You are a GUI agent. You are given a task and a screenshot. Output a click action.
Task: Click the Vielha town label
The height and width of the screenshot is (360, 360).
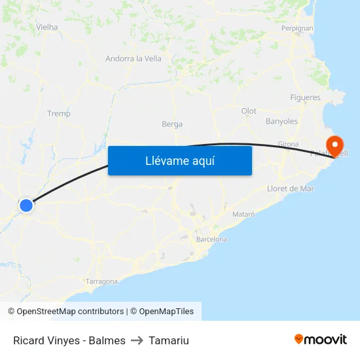pyautogui.click(x=47, y=27)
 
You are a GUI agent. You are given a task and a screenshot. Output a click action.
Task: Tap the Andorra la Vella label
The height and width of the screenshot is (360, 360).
pyautogui.click(x=134, y=58)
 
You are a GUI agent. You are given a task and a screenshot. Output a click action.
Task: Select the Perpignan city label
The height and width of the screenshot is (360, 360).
pyautogui.click(x=297, y=28)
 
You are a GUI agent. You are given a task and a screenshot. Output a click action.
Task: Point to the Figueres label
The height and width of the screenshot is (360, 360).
pyautogui.click(x=305, y=98)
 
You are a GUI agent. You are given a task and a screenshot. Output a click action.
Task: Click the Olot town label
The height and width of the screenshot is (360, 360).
pyautogui.click(x=249, y=111)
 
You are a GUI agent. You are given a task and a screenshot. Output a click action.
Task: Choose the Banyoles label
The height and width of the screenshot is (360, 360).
pyautogui.click(x=281, y=121)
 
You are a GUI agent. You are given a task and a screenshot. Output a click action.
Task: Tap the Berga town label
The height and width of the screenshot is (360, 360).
pyautogui.click(x=172, y=124)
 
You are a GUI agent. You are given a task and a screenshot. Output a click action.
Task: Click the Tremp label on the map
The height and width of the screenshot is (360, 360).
pyautogui.click(x=59, y=113)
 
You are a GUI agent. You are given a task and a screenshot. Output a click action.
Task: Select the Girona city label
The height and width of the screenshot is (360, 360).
pyautogui.click(x=288, y=144)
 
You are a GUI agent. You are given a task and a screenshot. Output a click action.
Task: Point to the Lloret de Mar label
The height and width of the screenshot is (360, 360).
pyautogui.click(x=291, y=189)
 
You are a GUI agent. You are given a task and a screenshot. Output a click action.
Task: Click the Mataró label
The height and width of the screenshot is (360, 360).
pyautogui.click(x=243, y=214)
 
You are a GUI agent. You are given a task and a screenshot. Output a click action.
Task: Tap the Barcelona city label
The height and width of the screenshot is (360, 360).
pyautogui.click(x=211, y=239)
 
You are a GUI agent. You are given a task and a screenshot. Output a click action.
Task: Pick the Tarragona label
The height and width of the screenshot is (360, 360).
pyautogui.click(x=102, y=281)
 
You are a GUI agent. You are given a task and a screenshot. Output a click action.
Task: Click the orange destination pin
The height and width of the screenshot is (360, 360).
pyautogui.click(x=334, y=145)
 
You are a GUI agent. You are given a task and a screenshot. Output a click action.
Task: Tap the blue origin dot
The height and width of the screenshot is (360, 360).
pyautogui.click(x=26, y=206)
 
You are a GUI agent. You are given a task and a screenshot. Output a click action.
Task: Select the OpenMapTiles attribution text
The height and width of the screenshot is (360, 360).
pyautogui.click(x=162, y=312)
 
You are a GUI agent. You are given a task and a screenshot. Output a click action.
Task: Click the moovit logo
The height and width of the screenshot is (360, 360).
pyautogui.click(x=320, y=339)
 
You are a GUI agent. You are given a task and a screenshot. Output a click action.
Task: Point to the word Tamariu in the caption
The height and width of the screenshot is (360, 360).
pyautogui.click(x=169, y=340)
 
